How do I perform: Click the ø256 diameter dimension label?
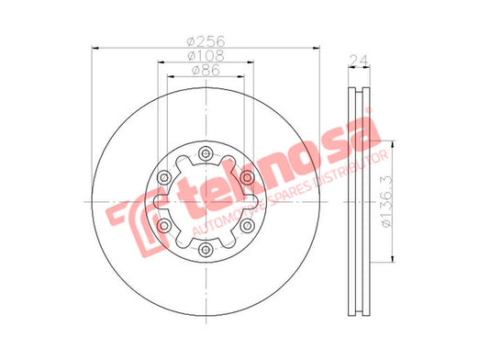[206, 41]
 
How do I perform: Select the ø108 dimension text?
[206, 55]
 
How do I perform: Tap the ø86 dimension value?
[206, 70]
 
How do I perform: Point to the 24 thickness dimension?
[359, 61]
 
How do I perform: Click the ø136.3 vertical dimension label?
[386, 202]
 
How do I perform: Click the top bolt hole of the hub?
[206, 153]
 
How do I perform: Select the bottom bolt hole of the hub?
[206, 250]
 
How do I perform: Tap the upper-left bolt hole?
[164, 177]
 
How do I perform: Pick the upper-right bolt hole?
[247, 177]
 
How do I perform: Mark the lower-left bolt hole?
[164, 226]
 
